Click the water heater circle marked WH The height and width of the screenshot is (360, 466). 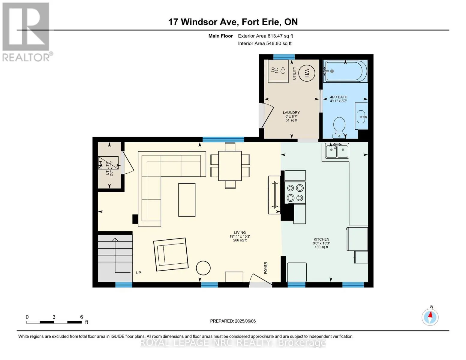[x=307, y=73]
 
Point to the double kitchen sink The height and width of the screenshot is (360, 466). [x=337, y=151]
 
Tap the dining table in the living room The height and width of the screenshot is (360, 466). [x=230, y=166]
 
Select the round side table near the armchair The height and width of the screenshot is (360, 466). [x=203, y=268]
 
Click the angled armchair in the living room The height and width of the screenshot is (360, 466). [x=171, y=254]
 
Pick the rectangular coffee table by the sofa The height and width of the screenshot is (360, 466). [x=187, y=199]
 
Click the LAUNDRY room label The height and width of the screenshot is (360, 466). [x=291, y=112]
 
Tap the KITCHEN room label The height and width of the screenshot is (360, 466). [x=321, y=239]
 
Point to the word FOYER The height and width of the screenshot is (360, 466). [x=266, y=268]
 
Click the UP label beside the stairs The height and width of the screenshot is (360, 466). [x=139, y=273]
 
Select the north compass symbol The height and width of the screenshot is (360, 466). [x=430, y=317]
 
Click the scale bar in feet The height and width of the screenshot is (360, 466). [x=54, y=322]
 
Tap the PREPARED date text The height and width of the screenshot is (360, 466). [x=233, y=321]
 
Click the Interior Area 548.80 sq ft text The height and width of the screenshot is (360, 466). [x=265, y=43]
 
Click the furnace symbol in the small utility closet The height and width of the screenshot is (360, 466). [x=108, y=163]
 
